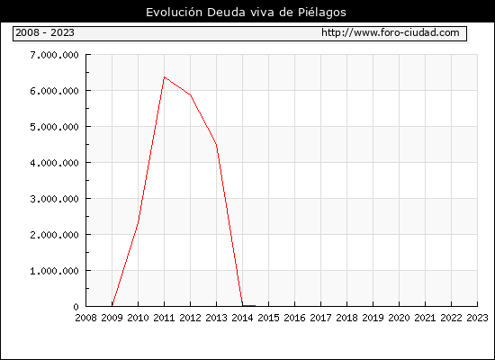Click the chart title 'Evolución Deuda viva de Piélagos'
(x=246, y=13)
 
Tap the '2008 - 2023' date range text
(x=45, y=32)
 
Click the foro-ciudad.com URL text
(x=391, y=32)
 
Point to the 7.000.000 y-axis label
(x=54, y=55)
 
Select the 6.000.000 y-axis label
(x=54, y=91)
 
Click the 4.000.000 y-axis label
(x=54, y=163)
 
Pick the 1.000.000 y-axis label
(x=54, y=271)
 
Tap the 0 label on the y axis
(x=76, y=307)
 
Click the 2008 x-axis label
(x=85, y=318)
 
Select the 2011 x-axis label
(x=164, y=318)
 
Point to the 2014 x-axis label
(x=242, y=318)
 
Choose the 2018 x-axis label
(x=346, y=318)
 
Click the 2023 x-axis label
(x=477, y=318)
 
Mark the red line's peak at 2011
(x=165, y=77)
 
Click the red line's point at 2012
(x=191, y=94)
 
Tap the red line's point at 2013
(x=216, y=145)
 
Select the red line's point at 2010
(x=139, y=221)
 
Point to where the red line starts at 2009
(x=112, y=305)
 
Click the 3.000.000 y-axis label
(x=54, y=199)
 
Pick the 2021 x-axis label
(x=425, y=318)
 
